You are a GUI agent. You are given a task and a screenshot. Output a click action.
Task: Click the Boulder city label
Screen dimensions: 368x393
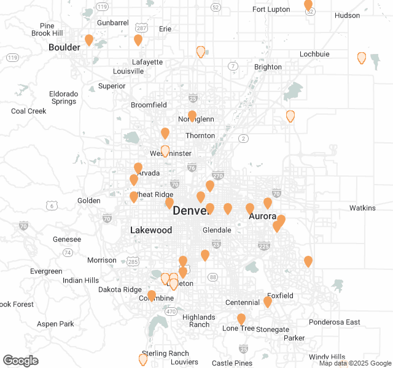pyautogui.click(x=64, y=47)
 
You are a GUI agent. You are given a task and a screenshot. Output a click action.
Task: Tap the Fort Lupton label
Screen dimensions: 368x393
pyautogui.click(x=271, y=9)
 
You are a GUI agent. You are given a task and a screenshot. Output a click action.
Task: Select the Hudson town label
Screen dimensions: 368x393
pyautogui.click(x=348, y=15)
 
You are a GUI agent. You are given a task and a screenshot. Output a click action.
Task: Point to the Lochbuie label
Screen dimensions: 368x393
pyautogui.click(x=314, y=54)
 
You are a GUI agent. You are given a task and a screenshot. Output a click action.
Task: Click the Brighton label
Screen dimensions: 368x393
pyautogui.click(x=268, y=67)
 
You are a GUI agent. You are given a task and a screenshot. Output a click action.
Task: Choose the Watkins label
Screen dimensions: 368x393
pyautogui.click(x=362, y=208)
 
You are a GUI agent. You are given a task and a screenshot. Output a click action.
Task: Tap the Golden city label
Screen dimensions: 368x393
pyautogui.click(x=89, y=201)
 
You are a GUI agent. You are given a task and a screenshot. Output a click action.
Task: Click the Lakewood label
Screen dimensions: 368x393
pyautogui.click(x=151, y=230)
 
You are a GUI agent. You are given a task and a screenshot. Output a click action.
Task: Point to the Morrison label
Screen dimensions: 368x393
pyautogui.click(x=102, y=260)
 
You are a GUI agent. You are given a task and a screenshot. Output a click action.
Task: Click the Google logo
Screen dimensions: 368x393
pyautogui.click(x=20, y=360)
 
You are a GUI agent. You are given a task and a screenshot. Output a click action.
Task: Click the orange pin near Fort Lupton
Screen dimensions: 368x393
pyautogui.click(x=308, y=6)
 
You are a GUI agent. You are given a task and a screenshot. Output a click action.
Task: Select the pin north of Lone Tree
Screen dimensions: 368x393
pyautogui.click(x=241, y=319)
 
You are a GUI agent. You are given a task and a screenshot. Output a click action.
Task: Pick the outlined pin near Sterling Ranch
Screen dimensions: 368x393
pyautogui.click(x=143, y=359)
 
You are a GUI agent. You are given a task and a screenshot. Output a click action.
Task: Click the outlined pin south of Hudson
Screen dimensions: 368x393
pyautogui.click(x=362, y=58)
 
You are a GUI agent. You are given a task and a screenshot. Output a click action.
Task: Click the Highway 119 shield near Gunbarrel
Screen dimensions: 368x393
pyautogui.click(x=101, y=6)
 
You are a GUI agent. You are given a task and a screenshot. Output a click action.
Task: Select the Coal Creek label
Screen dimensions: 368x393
pyautogui.click(x=29, y=111)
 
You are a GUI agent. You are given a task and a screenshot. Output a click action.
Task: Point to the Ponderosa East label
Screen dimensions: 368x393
pyautogui.click(x=335, y=322)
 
